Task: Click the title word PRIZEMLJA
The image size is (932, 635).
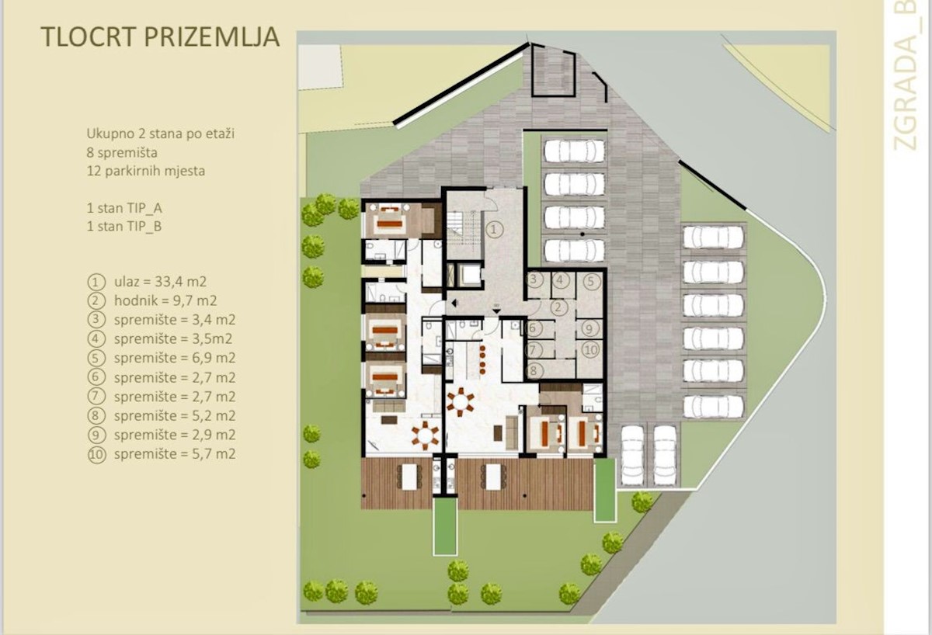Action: [211, 37]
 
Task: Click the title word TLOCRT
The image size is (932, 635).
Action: [89, 37]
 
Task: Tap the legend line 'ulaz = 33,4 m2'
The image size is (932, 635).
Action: [160, 282]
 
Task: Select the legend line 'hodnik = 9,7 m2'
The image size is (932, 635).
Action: [165, 300]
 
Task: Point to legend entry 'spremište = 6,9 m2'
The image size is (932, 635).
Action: [175, 358]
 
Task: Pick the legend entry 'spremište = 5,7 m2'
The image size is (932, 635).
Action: [175, 453]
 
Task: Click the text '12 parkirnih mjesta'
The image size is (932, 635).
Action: [146, 171]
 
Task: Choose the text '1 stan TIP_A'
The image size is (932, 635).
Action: [124, 208]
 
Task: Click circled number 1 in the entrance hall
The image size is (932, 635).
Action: [494, 229]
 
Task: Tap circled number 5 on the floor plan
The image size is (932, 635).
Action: [591, 282]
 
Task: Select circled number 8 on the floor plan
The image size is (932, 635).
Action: [534, 371]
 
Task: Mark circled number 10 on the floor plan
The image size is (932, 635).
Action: [591, 350]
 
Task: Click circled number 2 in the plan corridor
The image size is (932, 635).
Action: [558, 307]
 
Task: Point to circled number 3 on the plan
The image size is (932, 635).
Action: [534, 279]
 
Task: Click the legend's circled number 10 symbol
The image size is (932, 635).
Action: [96, 455]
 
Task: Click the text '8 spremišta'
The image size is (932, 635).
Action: [122, 153]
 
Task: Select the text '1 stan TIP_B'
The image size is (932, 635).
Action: [124, 226]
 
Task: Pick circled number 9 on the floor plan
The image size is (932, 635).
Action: [589, 329]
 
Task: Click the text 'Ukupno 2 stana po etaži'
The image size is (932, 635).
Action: [161, 134]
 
